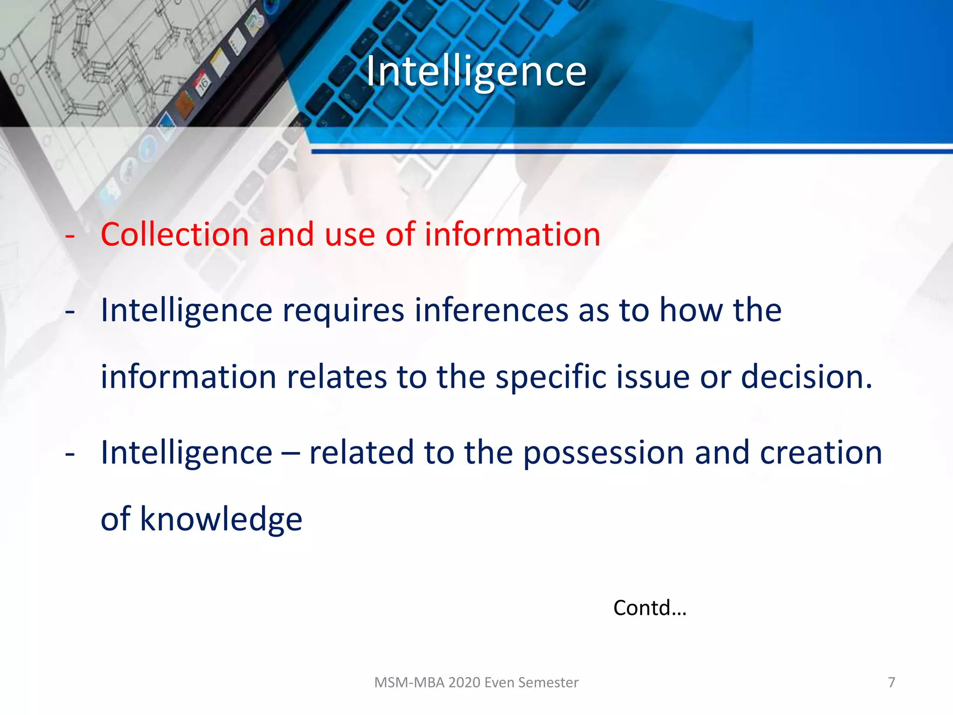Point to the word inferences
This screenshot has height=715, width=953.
click(x=491, y=310)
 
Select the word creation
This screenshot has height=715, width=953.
click(x=821, y=453)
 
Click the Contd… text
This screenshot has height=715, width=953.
click(x=650, y=608)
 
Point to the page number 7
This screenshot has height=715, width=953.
click(x=892, y=682)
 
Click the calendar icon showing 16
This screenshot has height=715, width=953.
click(x=203, y=84)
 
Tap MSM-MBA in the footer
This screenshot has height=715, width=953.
click(x=409, y=682)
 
